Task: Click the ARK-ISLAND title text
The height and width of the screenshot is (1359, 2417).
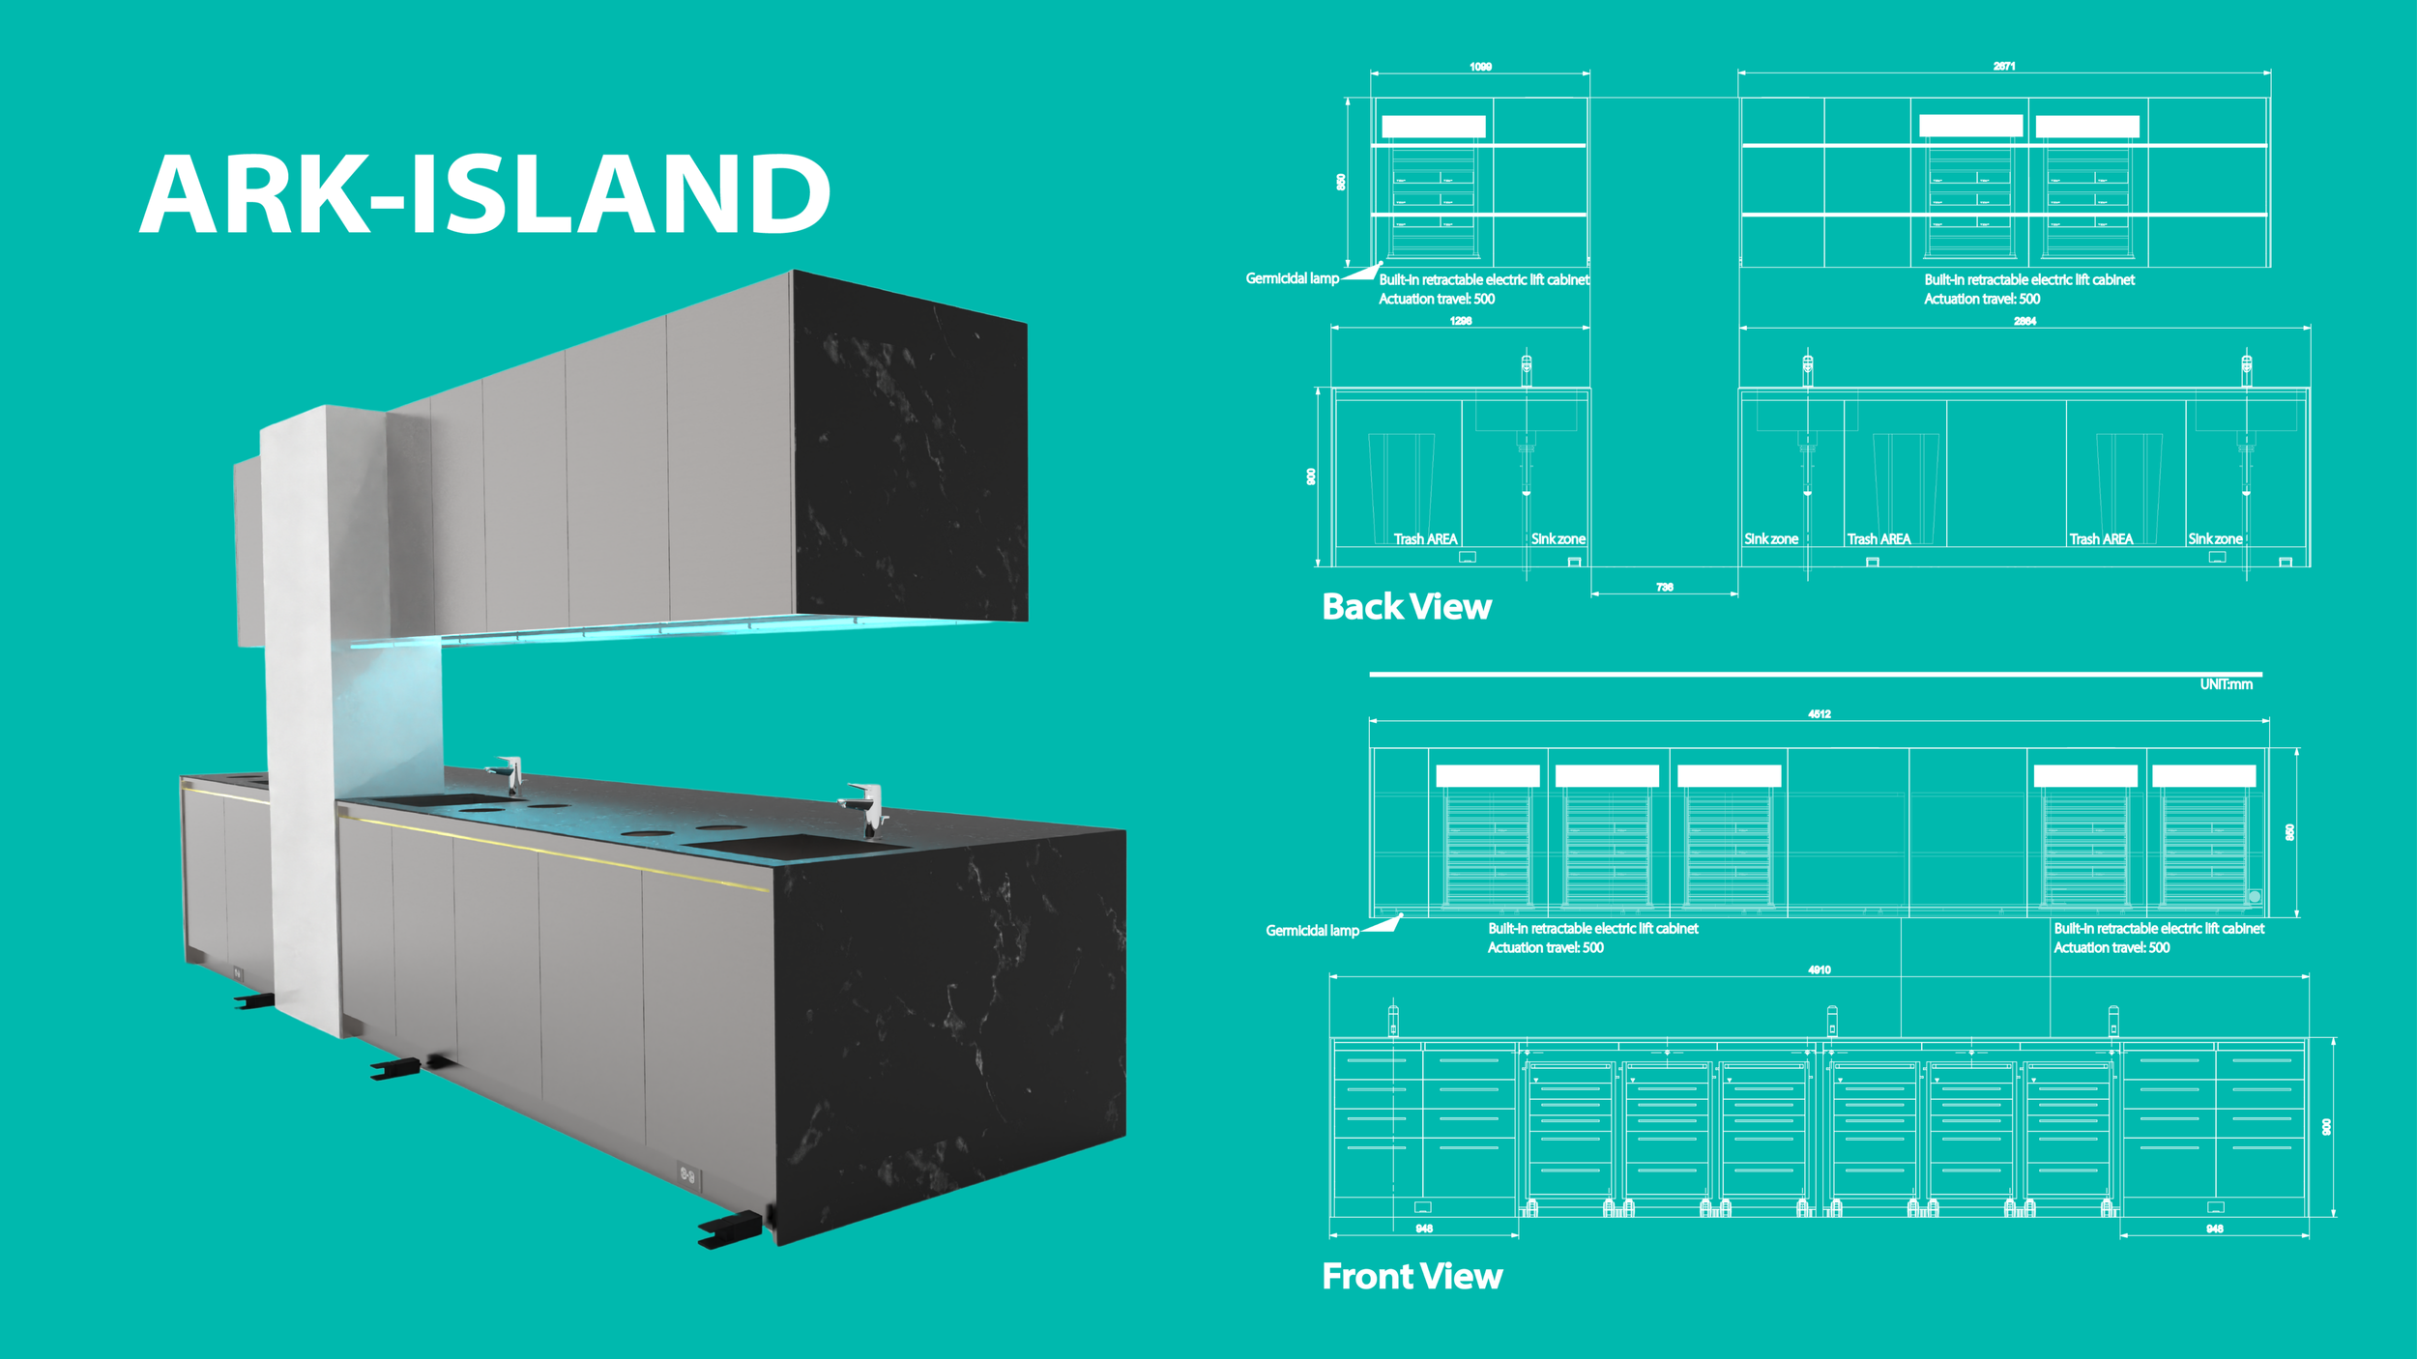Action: coord(485,194)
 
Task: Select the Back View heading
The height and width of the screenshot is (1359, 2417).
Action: coord(1407,607)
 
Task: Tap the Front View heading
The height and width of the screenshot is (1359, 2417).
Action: coord(1412,1277)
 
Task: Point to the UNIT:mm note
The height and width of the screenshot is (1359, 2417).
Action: coord(2226,684)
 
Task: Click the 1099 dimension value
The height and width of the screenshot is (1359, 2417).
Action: coord(1480,67)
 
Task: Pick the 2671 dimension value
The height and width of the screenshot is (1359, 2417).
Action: coord(2004,67)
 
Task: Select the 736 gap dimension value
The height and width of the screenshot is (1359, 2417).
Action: coord(1664,587)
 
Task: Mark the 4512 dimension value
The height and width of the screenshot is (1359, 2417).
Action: coord(1820,714)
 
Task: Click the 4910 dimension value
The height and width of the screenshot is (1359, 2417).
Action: coord(1820,969)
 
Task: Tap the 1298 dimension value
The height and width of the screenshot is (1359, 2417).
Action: coord(1461,321)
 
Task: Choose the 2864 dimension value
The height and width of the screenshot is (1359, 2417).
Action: coord(2024,321)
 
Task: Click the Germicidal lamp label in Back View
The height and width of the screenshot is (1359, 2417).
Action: coord(1292,278)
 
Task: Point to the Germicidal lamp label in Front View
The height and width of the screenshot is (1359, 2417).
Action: coord(1312,931)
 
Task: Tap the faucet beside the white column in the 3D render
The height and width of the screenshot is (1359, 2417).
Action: coord(508,773)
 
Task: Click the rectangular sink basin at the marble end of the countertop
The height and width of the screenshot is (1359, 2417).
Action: coord(793,846)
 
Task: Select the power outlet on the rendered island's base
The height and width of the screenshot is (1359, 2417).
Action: coord(687,1174)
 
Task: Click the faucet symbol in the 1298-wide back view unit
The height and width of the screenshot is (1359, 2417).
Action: coord(1527,367)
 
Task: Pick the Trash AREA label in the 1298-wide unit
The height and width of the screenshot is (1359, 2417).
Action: coord(1425,539)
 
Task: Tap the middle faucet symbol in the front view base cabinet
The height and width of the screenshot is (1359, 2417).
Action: coord(1832,1021)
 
